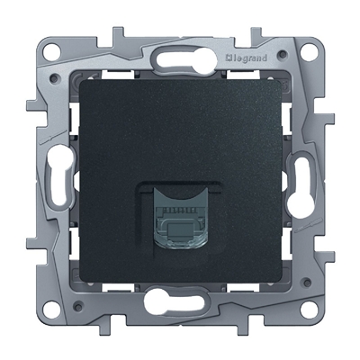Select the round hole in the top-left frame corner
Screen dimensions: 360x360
50,52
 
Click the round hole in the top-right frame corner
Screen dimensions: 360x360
309,51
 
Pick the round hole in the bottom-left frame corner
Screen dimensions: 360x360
50,309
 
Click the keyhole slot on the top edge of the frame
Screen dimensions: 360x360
186,58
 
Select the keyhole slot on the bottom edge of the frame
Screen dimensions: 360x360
175,300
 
